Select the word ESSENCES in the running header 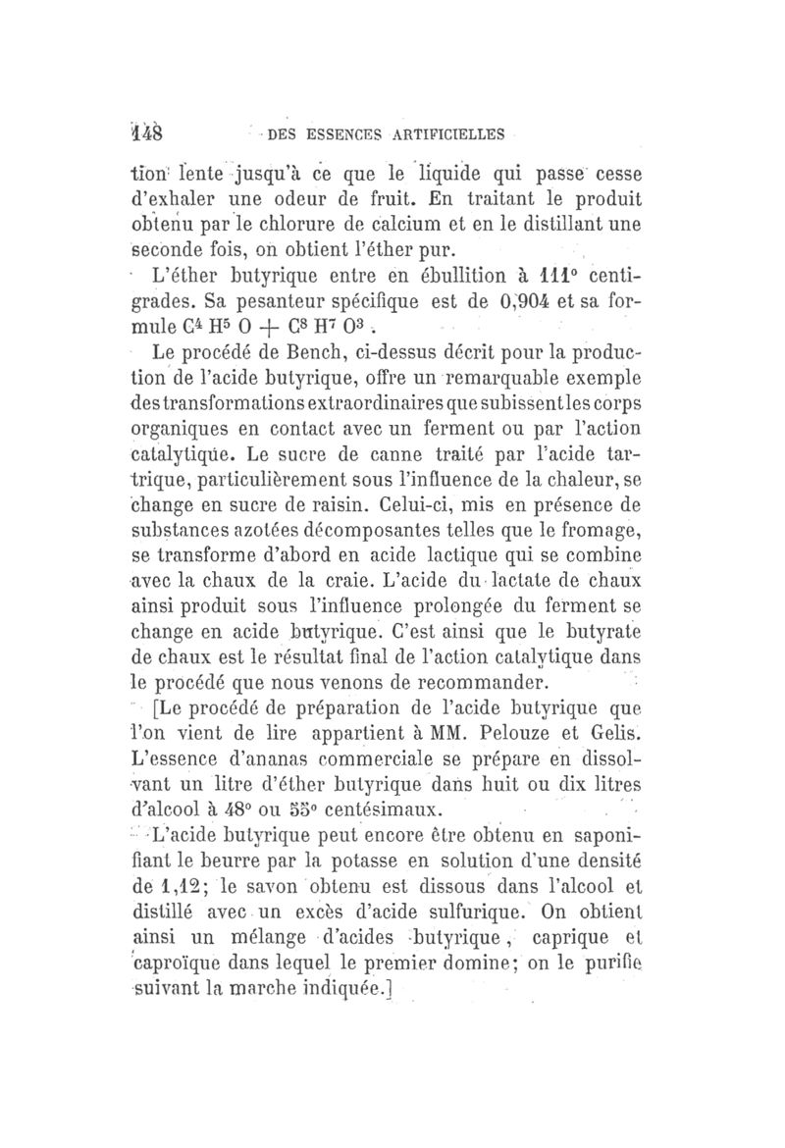[323, 132]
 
